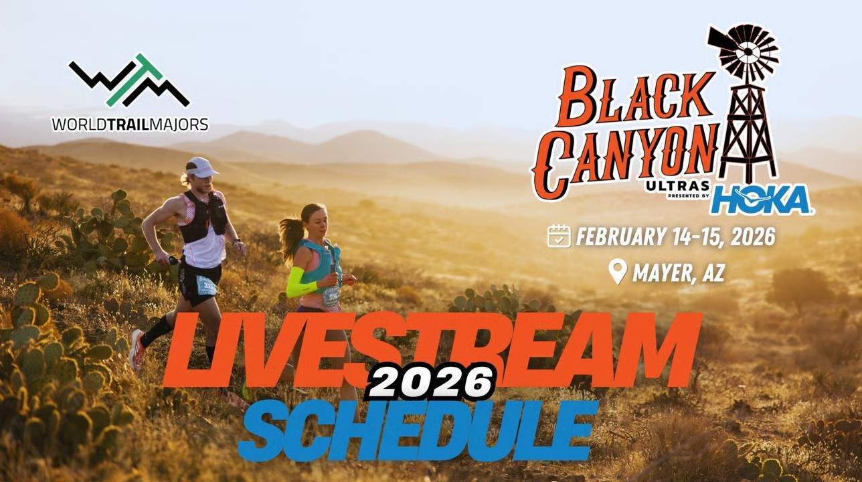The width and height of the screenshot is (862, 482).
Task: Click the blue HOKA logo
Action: (762, 199)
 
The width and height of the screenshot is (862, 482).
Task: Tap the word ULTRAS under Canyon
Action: (678, 186)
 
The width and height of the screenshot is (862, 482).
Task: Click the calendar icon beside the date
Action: (559, 236)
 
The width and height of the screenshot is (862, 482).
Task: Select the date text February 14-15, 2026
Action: (676, 236)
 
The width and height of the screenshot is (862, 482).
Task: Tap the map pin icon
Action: (618, 271)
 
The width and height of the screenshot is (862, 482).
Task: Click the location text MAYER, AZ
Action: (679, 273)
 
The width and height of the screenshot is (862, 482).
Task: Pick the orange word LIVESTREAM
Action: (431, 350)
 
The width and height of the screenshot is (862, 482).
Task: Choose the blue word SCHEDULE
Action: (418, 430)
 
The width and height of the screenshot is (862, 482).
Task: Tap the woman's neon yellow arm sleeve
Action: (301, 283)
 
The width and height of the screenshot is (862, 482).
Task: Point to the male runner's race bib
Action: (206, 285)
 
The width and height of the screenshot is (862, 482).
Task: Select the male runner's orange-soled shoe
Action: (137, 349)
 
